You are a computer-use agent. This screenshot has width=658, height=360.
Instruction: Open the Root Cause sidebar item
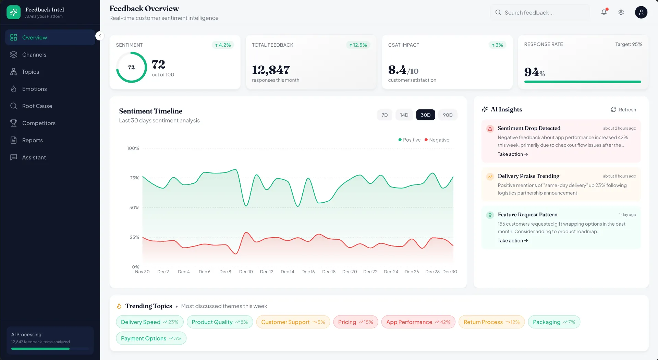pyautogui.click(x=37, y=106)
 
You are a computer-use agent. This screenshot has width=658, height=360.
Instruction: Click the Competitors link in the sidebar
pyautogui.click(x=38, y=123)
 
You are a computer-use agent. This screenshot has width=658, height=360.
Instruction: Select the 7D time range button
pyautogui.click(x=385, y=115)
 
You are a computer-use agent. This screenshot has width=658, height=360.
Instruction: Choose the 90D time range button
pyautogui.click(x=448, y=115)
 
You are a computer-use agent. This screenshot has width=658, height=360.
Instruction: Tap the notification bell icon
pyautogui.click(x=604, y=12)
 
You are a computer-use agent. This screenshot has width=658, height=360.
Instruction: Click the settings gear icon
pyautogui.click(x=621, y=12)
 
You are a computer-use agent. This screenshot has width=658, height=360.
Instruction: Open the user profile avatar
pyautogui.click(x=641, y=12)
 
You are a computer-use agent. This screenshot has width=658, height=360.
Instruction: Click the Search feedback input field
pyautogui.click(x=541, y=13)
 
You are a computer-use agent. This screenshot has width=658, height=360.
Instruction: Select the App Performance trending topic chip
pyautogui.click(x=418, y=322)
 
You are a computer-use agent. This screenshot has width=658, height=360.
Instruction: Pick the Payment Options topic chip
pyautogui.click(x=151, y=338)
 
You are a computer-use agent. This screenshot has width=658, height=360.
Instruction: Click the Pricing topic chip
pyautogui.click(x=355, y=322)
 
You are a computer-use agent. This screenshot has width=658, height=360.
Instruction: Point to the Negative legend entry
pyautogui.click(x=437, y=140)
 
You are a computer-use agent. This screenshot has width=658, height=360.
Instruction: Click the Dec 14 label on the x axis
pyautogui.click(x=287, y=272)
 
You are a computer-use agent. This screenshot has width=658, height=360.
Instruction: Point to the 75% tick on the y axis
pyautogui.click(x=134, y=178)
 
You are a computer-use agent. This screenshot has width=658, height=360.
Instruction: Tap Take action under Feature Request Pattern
pyautogui.click(x=512, y=241)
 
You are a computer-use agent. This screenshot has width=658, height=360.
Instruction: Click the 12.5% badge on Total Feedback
pyautogui.click(x=358, y=45)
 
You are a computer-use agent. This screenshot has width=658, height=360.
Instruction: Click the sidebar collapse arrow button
pyautogui.click(x=100, y=36)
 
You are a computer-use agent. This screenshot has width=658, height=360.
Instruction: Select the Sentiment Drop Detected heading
pyautogui.click(x=529, y=128)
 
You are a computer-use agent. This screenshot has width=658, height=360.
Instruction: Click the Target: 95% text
pyautogui.click(x=628, y=44)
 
